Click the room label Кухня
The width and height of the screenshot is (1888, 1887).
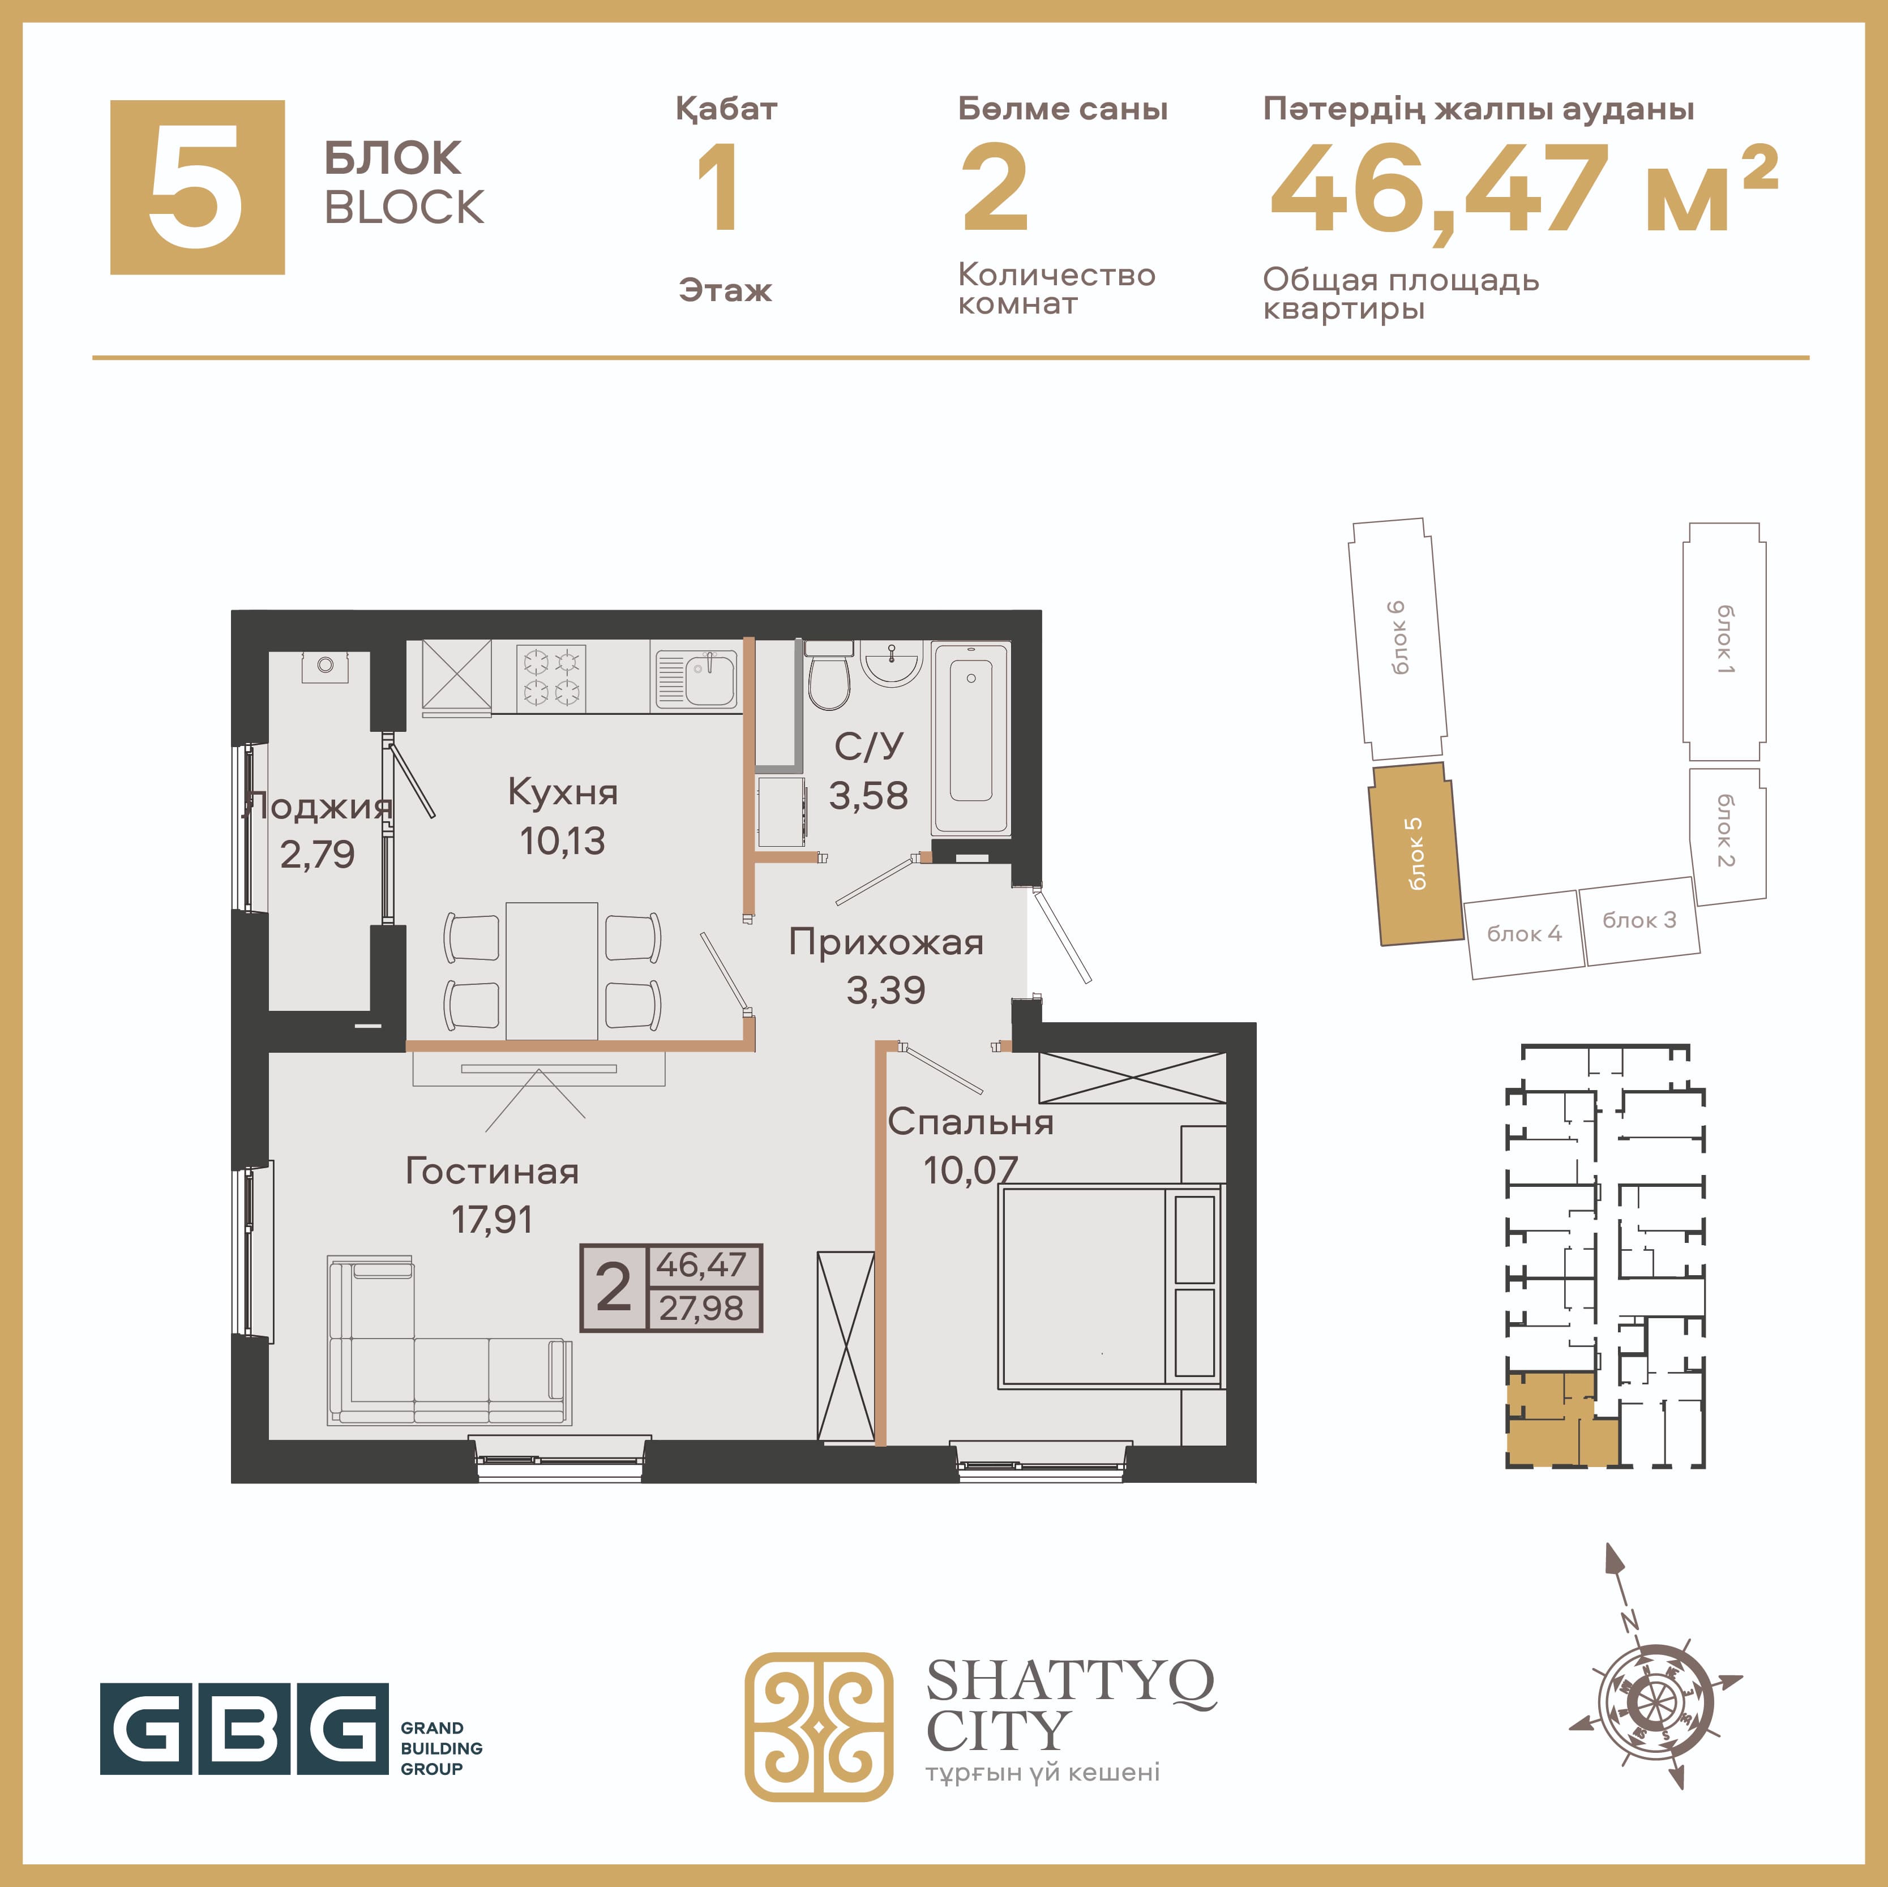563,792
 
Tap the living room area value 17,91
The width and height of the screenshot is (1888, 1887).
491,1220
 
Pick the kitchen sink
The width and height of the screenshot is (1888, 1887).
697,678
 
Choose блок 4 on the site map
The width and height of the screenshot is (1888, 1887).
1525,934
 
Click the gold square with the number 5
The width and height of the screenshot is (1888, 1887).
198,187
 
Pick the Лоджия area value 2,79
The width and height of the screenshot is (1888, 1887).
318,855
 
